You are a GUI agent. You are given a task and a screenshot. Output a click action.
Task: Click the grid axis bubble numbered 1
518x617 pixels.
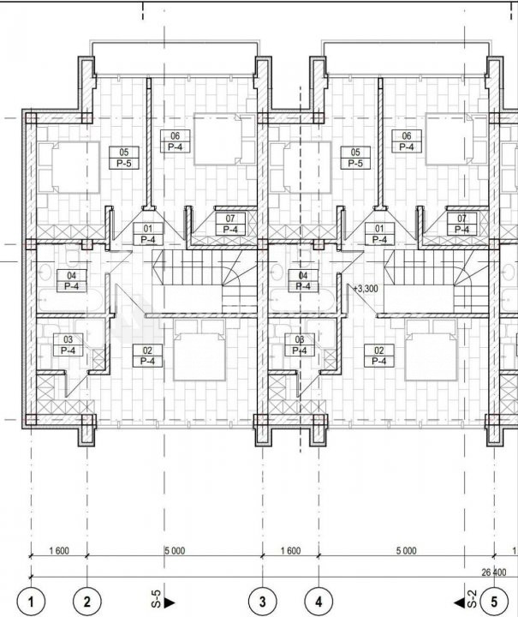pyautogui.click(x=31, y=602)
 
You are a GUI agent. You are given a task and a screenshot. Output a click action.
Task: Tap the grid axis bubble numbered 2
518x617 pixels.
pyautogui.click(x=87, y=602)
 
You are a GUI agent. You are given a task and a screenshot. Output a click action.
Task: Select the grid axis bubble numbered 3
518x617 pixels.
pyautogui.click(x=263, y=602)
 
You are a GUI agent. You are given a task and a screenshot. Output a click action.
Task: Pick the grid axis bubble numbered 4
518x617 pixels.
pyautogui.click(x=319, y=602)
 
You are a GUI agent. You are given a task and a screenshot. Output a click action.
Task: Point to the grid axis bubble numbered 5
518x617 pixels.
pyautogui.click(x=494, y=602)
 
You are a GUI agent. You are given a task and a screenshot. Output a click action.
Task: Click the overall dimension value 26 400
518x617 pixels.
pyautogui.click(x=494, y=572)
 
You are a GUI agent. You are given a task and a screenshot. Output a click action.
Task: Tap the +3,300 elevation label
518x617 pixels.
pyautogui.click(x=365, y=289)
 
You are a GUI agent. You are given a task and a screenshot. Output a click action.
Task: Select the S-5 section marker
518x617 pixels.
pyautogui.click(x=162, y=599)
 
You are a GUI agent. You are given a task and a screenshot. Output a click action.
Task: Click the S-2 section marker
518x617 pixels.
pyautogui.click(x=466, y=599)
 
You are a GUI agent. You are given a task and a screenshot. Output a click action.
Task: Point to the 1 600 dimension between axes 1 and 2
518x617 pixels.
pyautogui.click(x=59, y=550)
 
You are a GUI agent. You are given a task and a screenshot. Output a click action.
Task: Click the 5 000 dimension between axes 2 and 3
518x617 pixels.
pyautogui.click(x=175, y=550)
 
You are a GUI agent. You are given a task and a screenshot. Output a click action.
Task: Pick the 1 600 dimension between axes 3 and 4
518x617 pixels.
pyautogui.click(x=290, y=550)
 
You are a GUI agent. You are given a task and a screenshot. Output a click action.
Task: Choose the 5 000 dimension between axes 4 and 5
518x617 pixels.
pyautogui.click(x=407, y=550)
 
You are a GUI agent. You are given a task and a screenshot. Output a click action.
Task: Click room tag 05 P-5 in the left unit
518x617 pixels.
pyautogui.click(x=124, y=158)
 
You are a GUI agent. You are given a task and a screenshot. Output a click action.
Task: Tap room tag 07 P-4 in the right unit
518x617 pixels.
pyautogui.click(x=462, y=224)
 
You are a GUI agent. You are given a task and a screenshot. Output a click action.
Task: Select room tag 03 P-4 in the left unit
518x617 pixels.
pyautogui.click(x=68, y=344)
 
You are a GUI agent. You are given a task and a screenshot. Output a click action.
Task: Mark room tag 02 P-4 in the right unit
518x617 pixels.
pyautogui.click(x=379, y=356)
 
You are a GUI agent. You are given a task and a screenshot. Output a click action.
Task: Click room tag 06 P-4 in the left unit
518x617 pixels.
pyautogui.click(x=176, y=141)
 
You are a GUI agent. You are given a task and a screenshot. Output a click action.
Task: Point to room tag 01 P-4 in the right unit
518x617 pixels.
pyautogui.click(x=379, y=234)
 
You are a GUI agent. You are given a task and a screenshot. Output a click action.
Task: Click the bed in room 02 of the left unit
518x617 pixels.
pyautogui.click(x=199, y=350)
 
